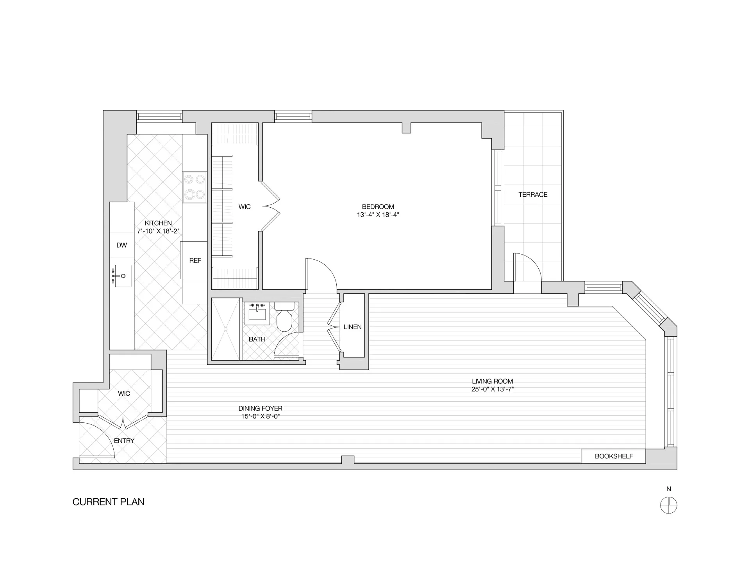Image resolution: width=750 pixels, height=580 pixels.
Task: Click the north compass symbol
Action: pyautogui.click(x=668, y=505)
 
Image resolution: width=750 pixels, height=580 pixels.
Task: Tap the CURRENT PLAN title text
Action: pyautogui.click(x=108, y=502)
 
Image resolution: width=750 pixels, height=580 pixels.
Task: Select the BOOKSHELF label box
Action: pyautogui.click(x=613, y=456)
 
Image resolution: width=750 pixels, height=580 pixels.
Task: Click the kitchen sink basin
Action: pyautogui.click(x=123, y=276)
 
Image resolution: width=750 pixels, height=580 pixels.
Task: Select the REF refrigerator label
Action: pyautogui.click(x=195, y=260)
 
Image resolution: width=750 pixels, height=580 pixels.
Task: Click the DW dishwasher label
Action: pyautogui.click(x=121, y=245)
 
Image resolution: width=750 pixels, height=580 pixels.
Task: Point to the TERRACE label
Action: pyautogui.click(x=533, y=194)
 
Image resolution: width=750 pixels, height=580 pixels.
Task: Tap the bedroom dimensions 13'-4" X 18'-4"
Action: pyautogui.click(x=378, y=215)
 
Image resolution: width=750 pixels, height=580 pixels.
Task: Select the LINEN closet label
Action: pyautogui.click(x=352, y=327)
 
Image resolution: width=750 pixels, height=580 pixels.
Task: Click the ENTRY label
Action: pyautogui.click(x=124, y=441)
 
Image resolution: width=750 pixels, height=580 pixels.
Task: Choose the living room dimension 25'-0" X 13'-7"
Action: pyautogui.click(x=492, y=389)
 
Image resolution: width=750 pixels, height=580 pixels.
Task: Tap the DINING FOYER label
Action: pyautogui.click(x=260, y=408)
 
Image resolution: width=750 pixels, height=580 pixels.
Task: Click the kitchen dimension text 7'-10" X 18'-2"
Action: pyautogui.click(x=158, y=231)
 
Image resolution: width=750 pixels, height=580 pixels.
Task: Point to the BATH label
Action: pyautogui.click(x=257, y=339)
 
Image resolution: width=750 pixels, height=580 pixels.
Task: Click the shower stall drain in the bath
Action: pyautogui.click(x=226, y=329)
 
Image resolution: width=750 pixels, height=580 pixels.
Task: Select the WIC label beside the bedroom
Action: pyautogui.click(x=245, y=207)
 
